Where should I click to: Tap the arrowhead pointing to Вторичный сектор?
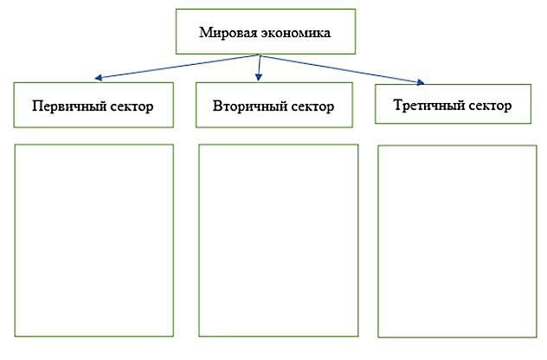point(258,80)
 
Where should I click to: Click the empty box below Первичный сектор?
point(94,240)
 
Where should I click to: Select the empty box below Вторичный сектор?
point(278,240)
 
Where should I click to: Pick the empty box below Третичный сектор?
point(457,241)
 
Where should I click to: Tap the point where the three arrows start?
point(260,55)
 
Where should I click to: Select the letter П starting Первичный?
point(37,106)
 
